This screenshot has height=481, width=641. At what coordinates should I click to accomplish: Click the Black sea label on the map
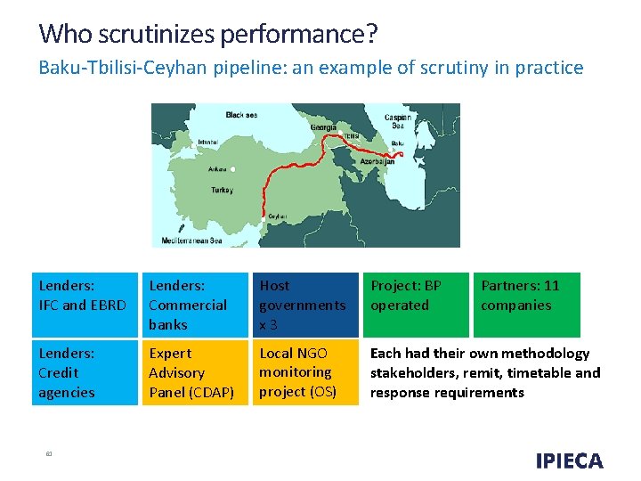click(x=242, y=115)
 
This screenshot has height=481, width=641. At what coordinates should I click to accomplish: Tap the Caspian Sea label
click(x=398, y=121)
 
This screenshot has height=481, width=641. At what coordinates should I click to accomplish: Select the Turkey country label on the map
click(x=222, y=190)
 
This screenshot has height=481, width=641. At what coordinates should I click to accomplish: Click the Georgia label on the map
click(x=323, y=127)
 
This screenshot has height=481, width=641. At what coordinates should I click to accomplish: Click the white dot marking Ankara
click(x=232, y=168)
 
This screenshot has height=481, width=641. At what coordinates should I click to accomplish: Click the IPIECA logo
click(x=569, y=461)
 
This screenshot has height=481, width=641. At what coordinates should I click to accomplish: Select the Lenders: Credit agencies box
click(x=82, y=372)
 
